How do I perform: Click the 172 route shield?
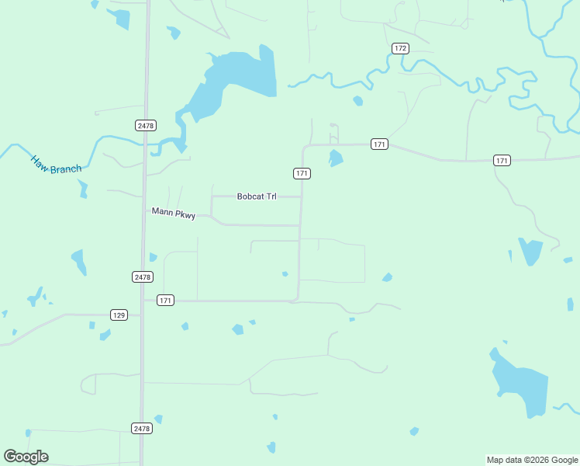coord(399,48)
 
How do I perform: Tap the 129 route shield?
coord(119,315)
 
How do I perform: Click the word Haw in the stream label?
coord(39,162)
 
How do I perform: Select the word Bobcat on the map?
coord(250,197)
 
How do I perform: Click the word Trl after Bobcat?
coord(271,197)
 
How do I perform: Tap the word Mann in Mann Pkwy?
coord(161,210)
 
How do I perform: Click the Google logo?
coord(26,457)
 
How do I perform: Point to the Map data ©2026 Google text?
coord(532,460)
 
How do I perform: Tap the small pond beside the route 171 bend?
coord(336,158)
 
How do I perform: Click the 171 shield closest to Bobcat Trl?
coord(302,173)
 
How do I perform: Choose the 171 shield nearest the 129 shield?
coord(165,300)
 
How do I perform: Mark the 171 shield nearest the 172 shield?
coord(379,144)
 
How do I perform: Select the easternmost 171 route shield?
coord(502,160)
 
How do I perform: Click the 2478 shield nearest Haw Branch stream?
coord(146,125)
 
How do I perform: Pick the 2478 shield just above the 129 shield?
coord(143,276)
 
